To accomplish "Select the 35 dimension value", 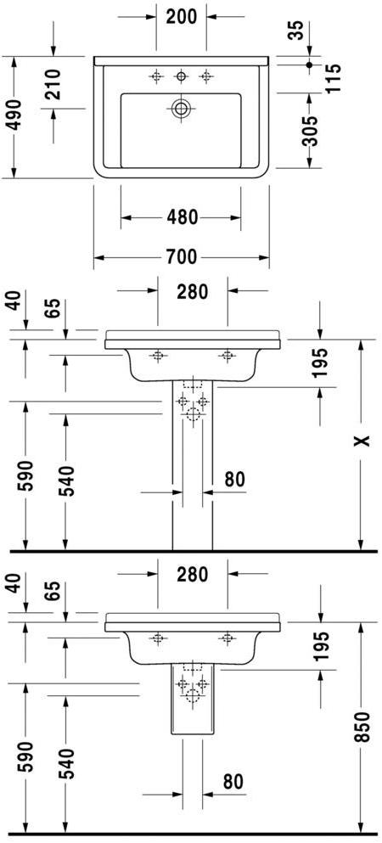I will pyautogui.click(x=295, y=31).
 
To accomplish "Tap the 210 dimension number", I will pyautogui.click(x=53, y=86).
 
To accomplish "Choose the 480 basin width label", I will pyautogui.click(x=181, y=218).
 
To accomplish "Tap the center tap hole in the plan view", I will pyautogui.click(x=181, y=77).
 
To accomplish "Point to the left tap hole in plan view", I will pyautogui.click(x=156, y=77).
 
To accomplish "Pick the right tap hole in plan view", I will pyautogui.click(x=205, y=77).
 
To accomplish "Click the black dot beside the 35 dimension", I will pyautogui.click(x=310, y=65).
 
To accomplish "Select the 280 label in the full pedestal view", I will pyautogui.click(x=193, y=291).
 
